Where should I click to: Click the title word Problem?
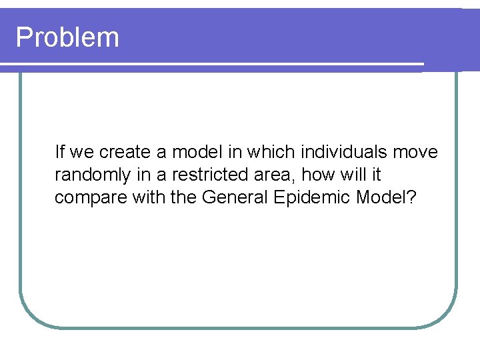coord(67,37)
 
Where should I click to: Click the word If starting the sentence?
coord(59,152)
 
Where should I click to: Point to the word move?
coord(415,153)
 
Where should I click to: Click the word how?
coord(317,175)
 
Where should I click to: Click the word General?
coord(236,198)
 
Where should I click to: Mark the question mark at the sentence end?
coord(411,198)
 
